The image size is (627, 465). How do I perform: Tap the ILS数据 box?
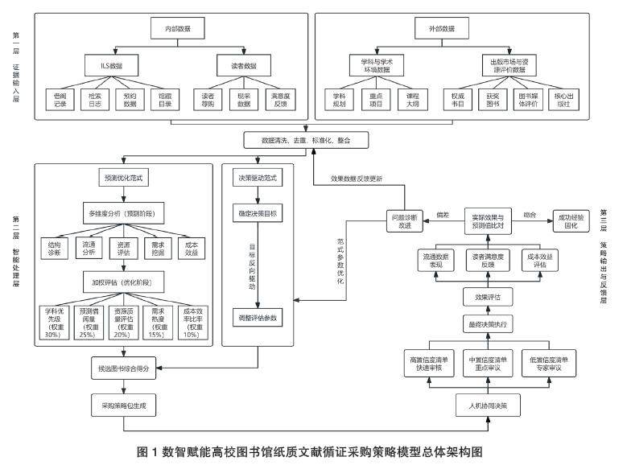103,63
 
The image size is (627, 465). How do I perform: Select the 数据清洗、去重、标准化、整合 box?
311,140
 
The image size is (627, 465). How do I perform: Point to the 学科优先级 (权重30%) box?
61,321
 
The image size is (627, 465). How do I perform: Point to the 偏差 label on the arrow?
441,215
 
